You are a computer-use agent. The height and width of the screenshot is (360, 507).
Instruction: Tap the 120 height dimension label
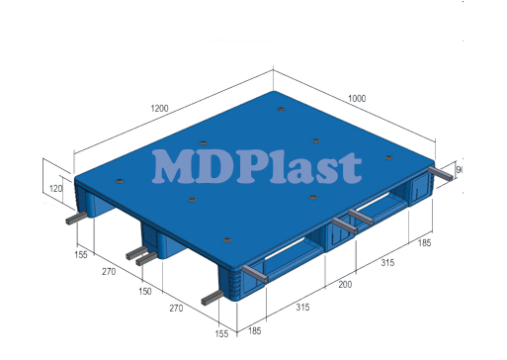pyautogui.click(x=55, y=188)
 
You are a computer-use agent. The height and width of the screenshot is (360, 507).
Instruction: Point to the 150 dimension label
pyautogui.click(x=144, y=293)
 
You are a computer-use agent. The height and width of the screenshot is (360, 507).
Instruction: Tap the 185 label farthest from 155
pyautogui.click(x=425, y=242)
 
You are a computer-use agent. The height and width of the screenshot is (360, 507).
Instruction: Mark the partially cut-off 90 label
pyautogui.click(x=460, y=171)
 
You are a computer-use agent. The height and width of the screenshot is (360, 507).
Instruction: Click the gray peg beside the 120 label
pyautogui.click(x=77, y=220)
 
